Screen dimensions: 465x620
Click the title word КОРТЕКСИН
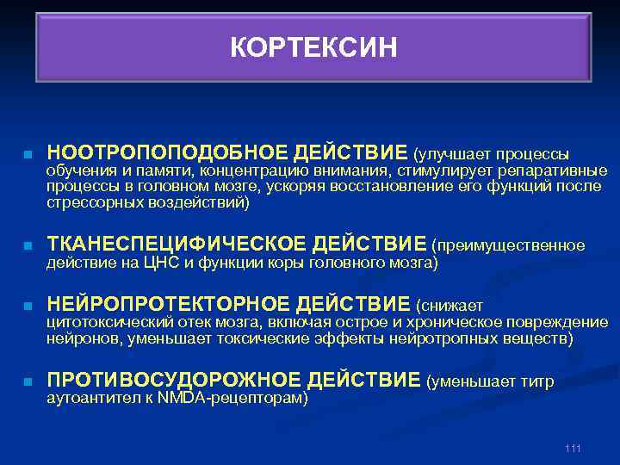[x=313, y=48]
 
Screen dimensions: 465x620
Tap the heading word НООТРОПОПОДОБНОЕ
[x=167, y=152]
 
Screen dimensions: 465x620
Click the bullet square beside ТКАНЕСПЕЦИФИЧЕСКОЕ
[x=28, y=246]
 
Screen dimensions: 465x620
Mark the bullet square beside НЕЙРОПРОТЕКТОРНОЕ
[x=28, y=307]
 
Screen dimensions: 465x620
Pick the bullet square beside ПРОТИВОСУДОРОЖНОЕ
[x=28, y=381]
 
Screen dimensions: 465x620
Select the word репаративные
[x=560, y=171]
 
